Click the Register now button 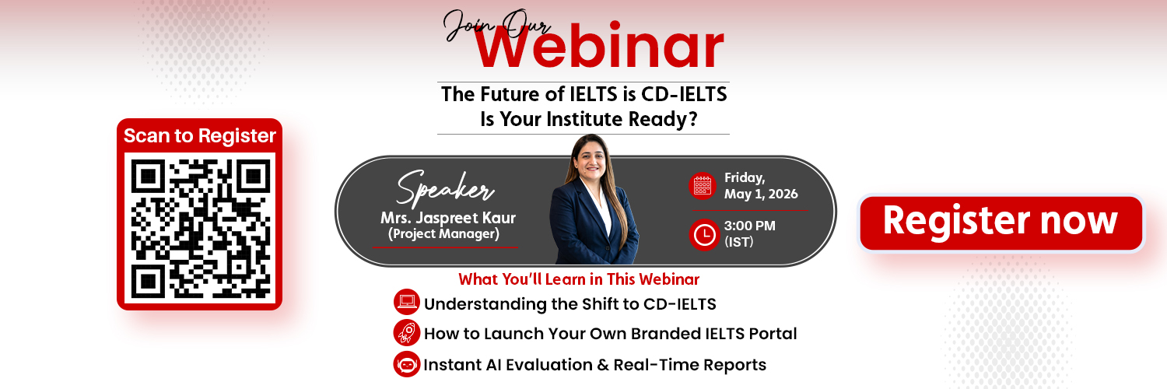point(1001,223)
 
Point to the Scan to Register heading point(200,136)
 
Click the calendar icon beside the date point(703,185)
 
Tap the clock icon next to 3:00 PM point(704,235)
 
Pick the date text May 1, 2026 point(760,194)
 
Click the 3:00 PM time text point(749,226)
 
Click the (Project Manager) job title point(443,233)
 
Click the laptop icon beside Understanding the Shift point(406,303)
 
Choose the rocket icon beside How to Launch point(406,333)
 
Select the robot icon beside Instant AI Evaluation point(406,364)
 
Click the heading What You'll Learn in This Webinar point(579,279)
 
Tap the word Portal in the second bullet point(770,335)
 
